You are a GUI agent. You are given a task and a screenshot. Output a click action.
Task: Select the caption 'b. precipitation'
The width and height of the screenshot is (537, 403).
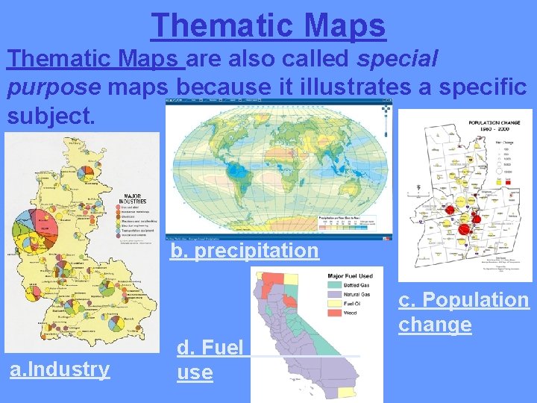pos(245,250)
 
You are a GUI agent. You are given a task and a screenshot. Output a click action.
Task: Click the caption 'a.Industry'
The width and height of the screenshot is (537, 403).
pos(59,369)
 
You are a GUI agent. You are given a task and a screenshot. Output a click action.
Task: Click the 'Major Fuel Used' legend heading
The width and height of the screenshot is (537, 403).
pos(350,276)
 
